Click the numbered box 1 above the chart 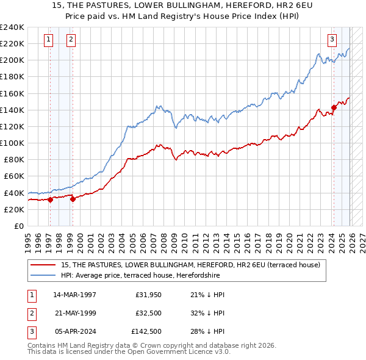click(49, 40)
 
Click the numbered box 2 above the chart click(71, 40)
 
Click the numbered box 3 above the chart click(332, 40)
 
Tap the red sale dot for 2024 click(334, 108)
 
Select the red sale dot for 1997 click(50, 200)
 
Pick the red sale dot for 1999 click(73, 199)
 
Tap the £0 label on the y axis click(18, 226)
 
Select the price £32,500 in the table click(148, 313)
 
